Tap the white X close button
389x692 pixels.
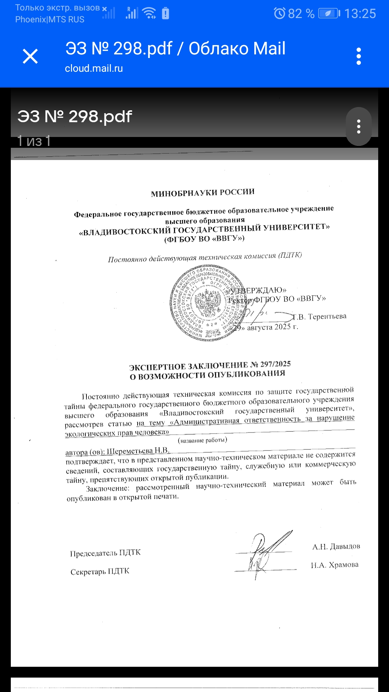click(x=30, y=56)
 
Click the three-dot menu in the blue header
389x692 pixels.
click(x=358, y=56)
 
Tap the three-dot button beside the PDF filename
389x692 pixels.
click(x=358, y=127)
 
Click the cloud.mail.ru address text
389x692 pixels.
click(x=94, y=68)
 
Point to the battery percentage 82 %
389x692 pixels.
click(x=301, y=14)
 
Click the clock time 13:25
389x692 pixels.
click(x=360, y=14)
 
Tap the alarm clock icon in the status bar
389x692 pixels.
click(x=280, y=13)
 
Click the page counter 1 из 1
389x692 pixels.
click(x=34, y=141)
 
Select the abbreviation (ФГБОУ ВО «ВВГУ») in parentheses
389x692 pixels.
click(x=204, y=239)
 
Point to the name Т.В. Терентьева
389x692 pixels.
click(x=319, y=317)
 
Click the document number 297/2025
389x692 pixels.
click(x=275, y=364)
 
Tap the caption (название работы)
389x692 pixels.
click(x=202, y=440)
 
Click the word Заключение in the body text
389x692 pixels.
click(x=107, y=489)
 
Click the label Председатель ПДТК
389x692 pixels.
click(x=105, y=553)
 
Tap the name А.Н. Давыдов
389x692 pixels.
click(x=336, y=547)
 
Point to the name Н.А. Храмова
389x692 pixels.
click(x=335, y=565)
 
